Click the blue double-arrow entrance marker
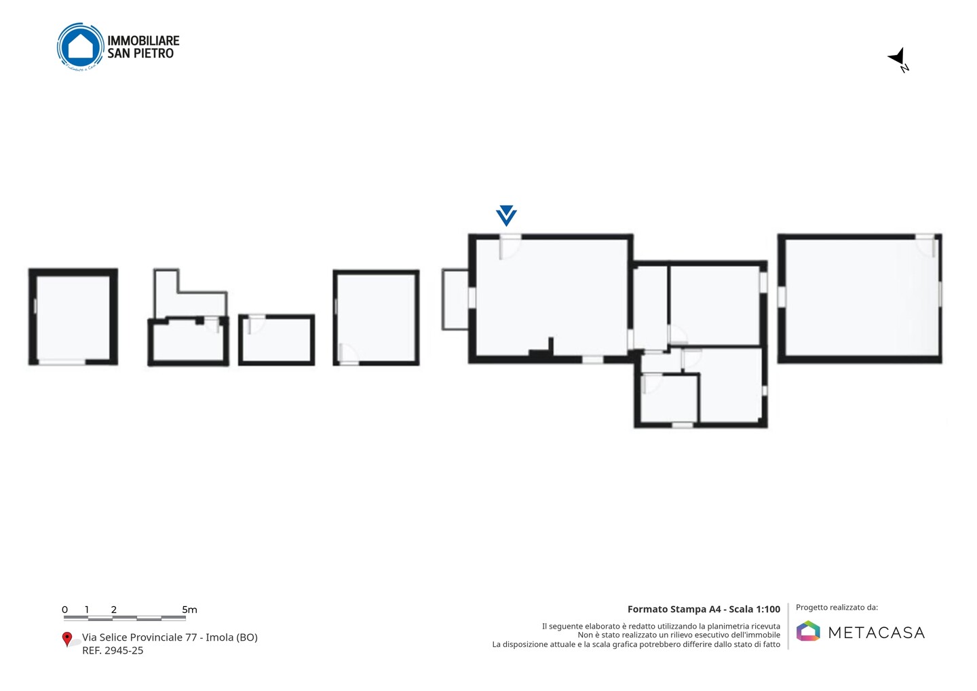coord(506,215)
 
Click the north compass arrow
coord(897,57)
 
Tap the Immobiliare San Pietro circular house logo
coord(81,47)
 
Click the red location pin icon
coord(66,639)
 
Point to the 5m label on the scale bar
coord(189,610)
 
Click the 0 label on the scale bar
coord(64,610)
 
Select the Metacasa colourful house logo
coord(808,631)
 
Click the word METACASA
coord(877,633)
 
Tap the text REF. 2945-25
coord(113,650)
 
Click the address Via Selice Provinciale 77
coord(140,637)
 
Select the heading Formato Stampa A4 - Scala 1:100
coord(704,609)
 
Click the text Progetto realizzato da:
coord(837,608)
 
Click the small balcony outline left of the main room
coord(455,299)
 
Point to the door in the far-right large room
coord(925,245)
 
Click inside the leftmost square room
coord(73,317)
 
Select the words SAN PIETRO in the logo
coord(140,54)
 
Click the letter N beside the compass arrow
coord(904,68)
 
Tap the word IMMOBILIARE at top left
coord(144,41)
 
